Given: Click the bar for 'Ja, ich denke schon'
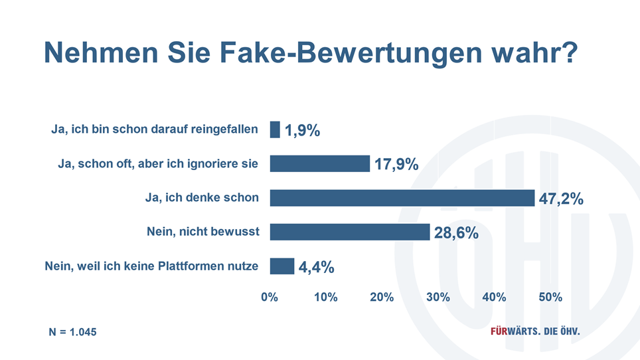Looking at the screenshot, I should (x=402, y=198).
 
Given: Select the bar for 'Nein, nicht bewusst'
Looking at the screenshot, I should (x=350, y=232).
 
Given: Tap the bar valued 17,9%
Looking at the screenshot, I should (x=319, y=163).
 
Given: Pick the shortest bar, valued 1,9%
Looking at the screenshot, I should (x=275, y=130).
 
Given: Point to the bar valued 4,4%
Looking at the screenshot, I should (x=281, y=266).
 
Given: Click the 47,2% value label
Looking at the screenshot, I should (x=561, y=199).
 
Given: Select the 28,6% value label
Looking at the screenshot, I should (x=456, y=233).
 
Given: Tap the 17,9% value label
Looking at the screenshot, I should (x=396, y=165).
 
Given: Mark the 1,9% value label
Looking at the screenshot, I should (x=303, y=131).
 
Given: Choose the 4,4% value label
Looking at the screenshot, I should (x=316, y=268).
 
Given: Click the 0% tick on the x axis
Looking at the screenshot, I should (x=270, y=298).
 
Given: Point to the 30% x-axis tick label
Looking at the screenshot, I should (x=438, y=298).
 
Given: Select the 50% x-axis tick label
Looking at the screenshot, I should (x=550, y=298).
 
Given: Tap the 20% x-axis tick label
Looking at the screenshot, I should (x=382, y=298).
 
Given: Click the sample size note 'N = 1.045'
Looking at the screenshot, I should (x=68, y=331).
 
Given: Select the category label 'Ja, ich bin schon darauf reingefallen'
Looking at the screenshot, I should (x=154, y=130).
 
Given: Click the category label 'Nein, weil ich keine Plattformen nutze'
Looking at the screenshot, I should (x=151, y=266).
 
